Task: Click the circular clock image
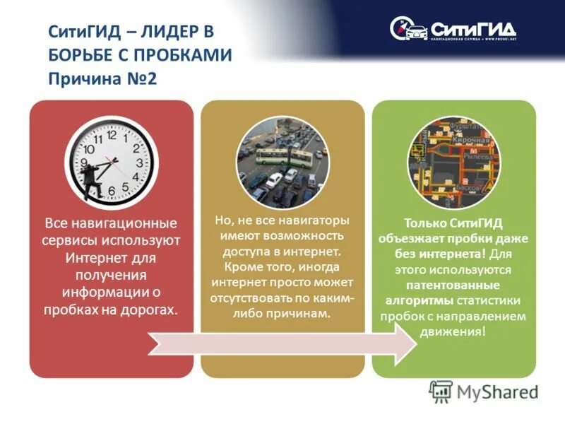click(111, 162)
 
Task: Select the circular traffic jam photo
click(282, 162)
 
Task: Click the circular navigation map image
click(453, 162)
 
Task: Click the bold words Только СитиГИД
click(453, 223)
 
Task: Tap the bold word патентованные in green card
click(453, 285)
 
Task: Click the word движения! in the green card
click(453, 331)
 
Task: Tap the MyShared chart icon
click(441, 391)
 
